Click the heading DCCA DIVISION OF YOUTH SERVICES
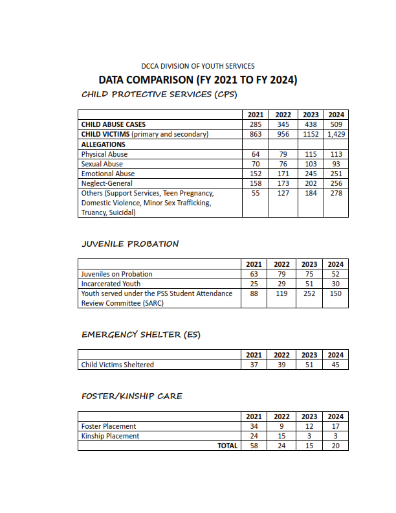coord(197,66)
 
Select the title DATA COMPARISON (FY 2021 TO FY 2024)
coord(197,80)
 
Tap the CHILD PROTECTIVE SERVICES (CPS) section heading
coord(159,95)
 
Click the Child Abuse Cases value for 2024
coord(336,124)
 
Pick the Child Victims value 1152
coord(311,134)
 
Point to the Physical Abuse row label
coord(104,154)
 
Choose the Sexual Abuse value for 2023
coord(311,164)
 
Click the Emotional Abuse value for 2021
coord(254,174)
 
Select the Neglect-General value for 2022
coord(282,183)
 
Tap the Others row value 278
coord(336,193)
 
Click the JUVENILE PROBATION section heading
coord(130,244)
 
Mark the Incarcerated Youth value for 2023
coord(309,284)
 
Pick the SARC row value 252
coord(309,293)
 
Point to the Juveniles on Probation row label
coord(116,274)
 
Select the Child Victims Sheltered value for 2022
coord(281,365)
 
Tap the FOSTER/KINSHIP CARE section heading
coord(132,396)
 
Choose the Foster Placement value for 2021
coord(254,426)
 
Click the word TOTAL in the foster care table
coord(227,446)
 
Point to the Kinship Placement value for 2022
coord(281,436)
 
